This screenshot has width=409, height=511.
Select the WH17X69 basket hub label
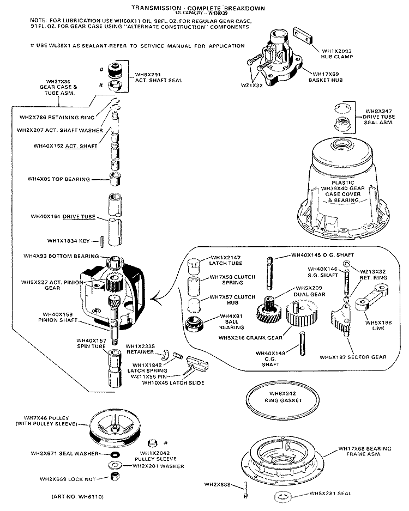coord(330,77)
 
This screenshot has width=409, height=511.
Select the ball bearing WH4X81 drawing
coord(196,323)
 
